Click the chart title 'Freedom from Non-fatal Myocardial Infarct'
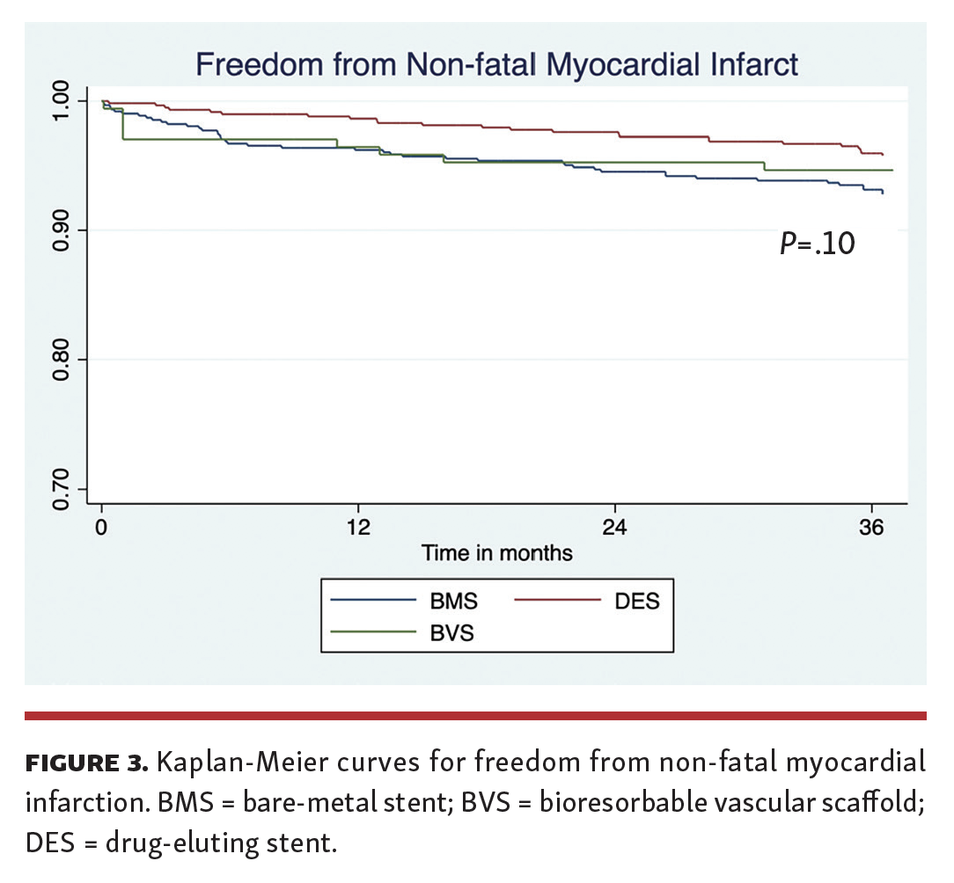tap(497, 64)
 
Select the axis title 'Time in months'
tap(497, 553)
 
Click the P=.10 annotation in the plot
tap(817, 244)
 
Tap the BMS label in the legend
tap(454, 602)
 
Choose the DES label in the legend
tap(636, 602)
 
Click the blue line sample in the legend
tap(373, 602)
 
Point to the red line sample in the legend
tap(556, 602)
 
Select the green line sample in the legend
tap(373, 631)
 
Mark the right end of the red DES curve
tap(883, 155)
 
